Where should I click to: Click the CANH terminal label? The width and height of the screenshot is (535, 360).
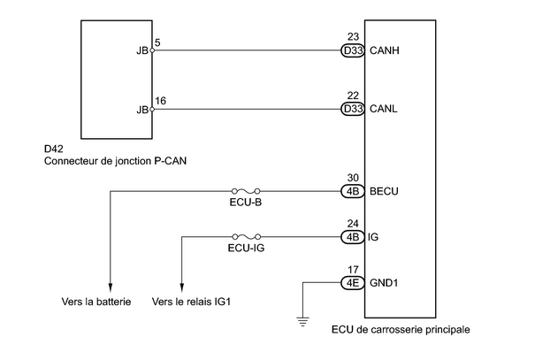pyautogui.click(x=384, y=50)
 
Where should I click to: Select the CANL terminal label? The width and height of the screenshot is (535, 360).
pyautogui.click(x=384, y=109)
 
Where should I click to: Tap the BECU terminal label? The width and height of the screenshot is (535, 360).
pyautogui.click(x=384, y=191)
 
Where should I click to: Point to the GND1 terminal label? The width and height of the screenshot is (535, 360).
pyautogui.click(x=384, y=283)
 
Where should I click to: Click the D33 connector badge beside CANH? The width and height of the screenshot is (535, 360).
pyautogui.click(x=353, y=50)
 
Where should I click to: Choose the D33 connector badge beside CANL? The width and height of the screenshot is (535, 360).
pyautogui.click(x=353, y=109)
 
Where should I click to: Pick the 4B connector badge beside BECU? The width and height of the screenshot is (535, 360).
pyautogui.click(x=353, y=191)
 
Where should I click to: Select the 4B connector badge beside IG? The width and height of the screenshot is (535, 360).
pyautogui.click(x=353, y=237)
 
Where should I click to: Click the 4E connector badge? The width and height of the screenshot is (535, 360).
pyautogui.click(x=353, y=283)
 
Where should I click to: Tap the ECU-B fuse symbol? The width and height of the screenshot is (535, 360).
pyautogui.click(x=246, y=191)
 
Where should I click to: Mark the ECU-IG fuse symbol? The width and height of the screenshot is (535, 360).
pyautogui.click(x=247, y=236)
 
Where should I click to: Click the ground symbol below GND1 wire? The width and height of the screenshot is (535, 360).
pyautogui.click(x=302, y=322)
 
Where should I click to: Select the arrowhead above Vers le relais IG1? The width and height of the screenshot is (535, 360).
pyautogui.click(x=182, y=288)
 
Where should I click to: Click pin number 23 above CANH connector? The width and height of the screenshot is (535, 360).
pyautogui.click(x=353, y=36)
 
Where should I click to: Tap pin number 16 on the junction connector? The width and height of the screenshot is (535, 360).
pyautogui.click(x=160, y=101)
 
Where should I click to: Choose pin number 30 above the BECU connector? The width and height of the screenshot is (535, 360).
pyautogui.click(x=353, y=178)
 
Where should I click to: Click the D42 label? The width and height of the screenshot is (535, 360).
pyautogui.click(x=54, y=149)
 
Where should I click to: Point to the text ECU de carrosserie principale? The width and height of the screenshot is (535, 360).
pyautogui.click(x=401, y=330)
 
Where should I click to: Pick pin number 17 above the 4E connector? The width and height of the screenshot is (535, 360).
pyautogui.click(x=353, y=270)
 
